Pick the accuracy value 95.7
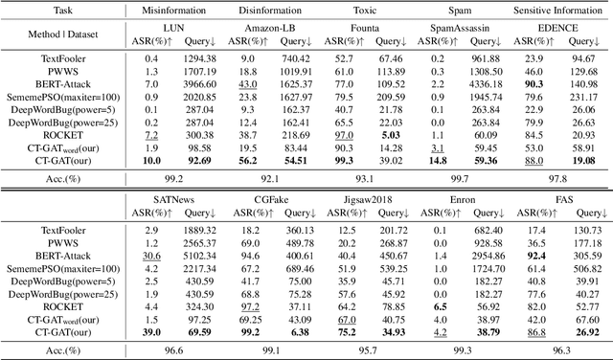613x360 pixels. [x=369, y=350]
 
